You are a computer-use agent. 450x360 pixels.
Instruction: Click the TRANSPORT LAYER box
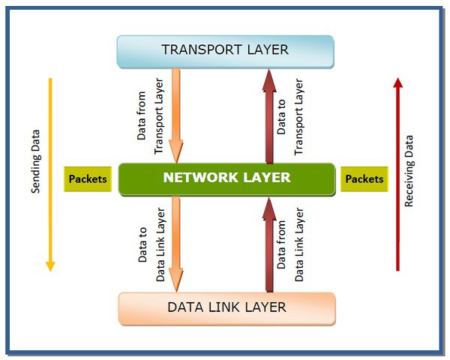click(x=225, y=50)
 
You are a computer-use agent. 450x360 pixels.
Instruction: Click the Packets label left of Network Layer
click(x=88, y=179)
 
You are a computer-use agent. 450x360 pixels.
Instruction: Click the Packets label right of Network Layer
click(x=364, y=179)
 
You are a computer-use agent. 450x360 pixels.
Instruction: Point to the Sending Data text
click(x=35, y=163)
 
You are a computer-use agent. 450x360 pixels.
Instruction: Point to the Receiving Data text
click(x=409, y=171)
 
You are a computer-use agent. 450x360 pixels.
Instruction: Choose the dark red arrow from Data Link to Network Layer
click(x=268, y=244)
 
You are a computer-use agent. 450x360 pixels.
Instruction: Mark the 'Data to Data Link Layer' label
click(x=149, y=244)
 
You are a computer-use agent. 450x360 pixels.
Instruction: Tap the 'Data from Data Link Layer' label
click(x=290, y=244)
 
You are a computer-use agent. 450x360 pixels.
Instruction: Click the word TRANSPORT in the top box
click(x=198, y=50)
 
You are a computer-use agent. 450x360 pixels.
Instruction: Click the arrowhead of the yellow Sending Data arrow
click(x=50, y=264)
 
